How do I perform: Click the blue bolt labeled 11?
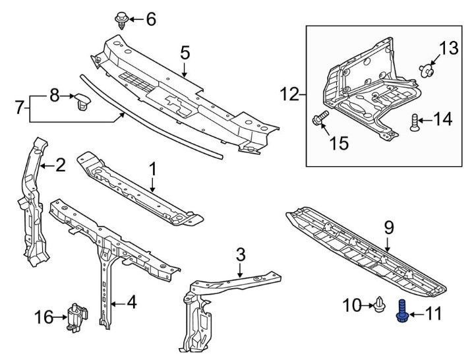click(x=401, y=311)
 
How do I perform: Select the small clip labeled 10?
click(x=380, y=305)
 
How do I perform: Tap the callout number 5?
click(x=185, y=51)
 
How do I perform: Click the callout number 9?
click(x=388, y=228)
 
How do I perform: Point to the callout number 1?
click(x=152, y=169)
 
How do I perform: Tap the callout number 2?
click(x=59, y=165)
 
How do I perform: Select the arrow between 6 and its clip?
click(x=134, y=18)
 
